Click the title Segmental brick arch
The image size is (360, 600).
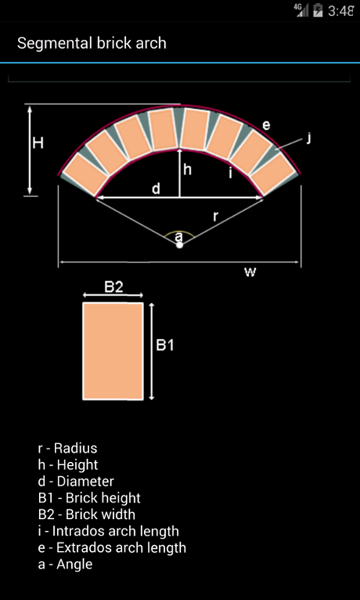click(91, 43)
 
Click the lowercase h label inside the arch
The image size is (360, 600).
click(187, 169)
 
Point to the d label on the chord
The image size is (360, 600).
click(156, 188)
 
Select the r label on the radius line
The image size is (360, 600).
click(216, 217)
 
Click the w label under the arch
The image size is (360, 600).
click(250, 271)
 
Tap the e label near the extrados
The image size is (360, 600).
click(266, 125)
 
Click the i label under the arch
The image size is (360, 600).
click(229, 173)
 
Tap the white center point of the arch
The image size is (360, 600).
click(179, 244)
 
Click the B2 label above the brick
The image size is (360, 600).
click(113, 286)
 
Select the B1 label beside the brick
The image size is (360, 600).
click(166, 346)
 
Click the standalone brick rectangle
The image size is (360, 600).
click(112, 351)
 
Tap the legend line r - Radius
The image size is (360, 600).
click(67, 448)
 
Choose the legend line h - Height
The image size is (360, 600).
click(68, 465)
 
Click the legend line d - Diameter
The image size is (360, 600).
click(76, 481)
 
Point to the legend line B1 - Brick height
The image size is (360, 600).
click(89, 498)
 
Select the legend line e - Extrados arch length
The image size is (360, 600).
click(112, 547)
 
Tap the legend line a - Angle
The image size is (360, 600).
click(65, 564)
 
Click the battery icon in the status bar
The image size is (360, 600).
click(318, 10)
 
